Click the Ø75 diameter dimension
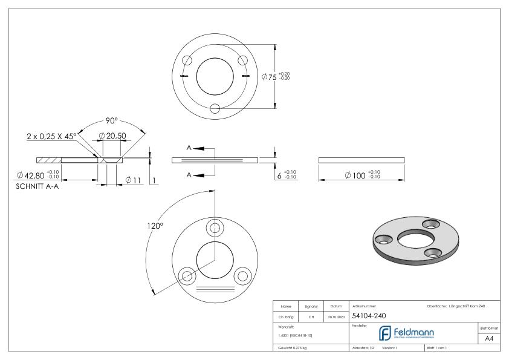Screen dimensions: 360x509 (x=269, y=77)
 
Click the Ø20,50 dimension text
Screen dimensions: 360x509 (x=112, y=136)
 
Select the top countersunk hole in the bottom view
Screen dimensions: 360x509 (x=215, y=228)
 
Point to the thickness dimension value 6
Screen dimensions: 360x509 (x=278, y=175)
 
